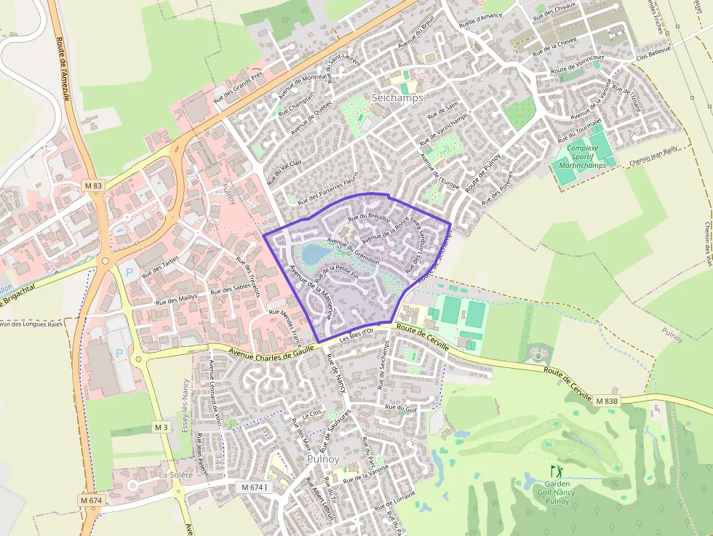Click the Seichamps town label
[x=397, y=97]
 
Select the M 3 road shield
[x=161, y=426]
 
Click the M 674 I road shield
[x=255, y=487]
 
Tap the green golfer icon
[x=557, y=471]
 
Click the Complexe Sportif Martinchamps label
[x=583, y=156]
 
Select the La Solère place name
[x=176, y=475]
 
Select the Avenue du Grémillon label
[x=354, y=251]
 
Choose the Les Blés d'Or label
[x=356, y=332]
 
